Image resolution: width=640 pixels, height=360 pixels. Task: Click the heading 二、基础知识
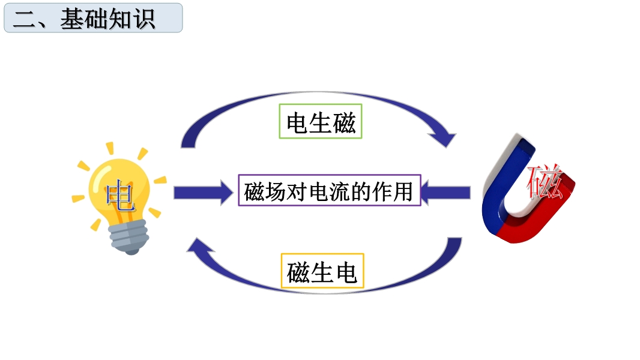[84, 19]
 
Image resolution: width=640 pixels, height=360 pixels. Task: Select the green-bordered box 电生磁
[321, 121]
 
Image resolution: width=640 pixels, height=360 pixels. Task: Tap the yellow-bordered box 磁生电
[322, 271]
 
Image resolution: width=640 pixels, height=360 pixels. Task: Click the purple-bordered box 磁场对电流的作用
[330, 190]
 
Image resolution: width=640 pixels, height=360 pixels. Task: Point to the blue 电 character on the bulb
[120, 196]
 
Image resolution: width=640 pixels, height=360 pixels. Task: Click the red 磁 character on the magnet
[545, 181]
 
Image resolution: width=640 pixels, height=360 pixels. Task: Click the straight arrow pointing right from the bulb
[204, 193]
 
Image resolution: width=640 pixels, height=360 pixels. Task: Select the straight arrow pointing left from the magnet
[445, 193]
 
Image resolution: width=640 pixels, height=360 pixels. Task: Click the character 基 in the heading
[73, 19]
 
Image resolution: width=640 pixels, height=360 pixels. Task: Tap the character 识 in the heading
[143, 19]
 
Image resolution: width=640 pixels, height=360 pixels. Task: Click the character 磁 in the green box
[344, 122]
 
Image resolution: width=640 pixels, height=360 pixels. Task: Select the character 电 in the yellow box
[346, 272]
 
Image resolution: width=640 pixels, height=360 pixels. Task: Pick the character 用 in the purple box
[402, 191]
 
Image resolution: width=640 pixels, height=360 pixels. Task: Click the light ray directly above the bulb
[110, 149]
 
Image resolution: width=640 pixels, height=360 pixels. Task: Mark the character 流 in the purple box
[340, 191]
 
